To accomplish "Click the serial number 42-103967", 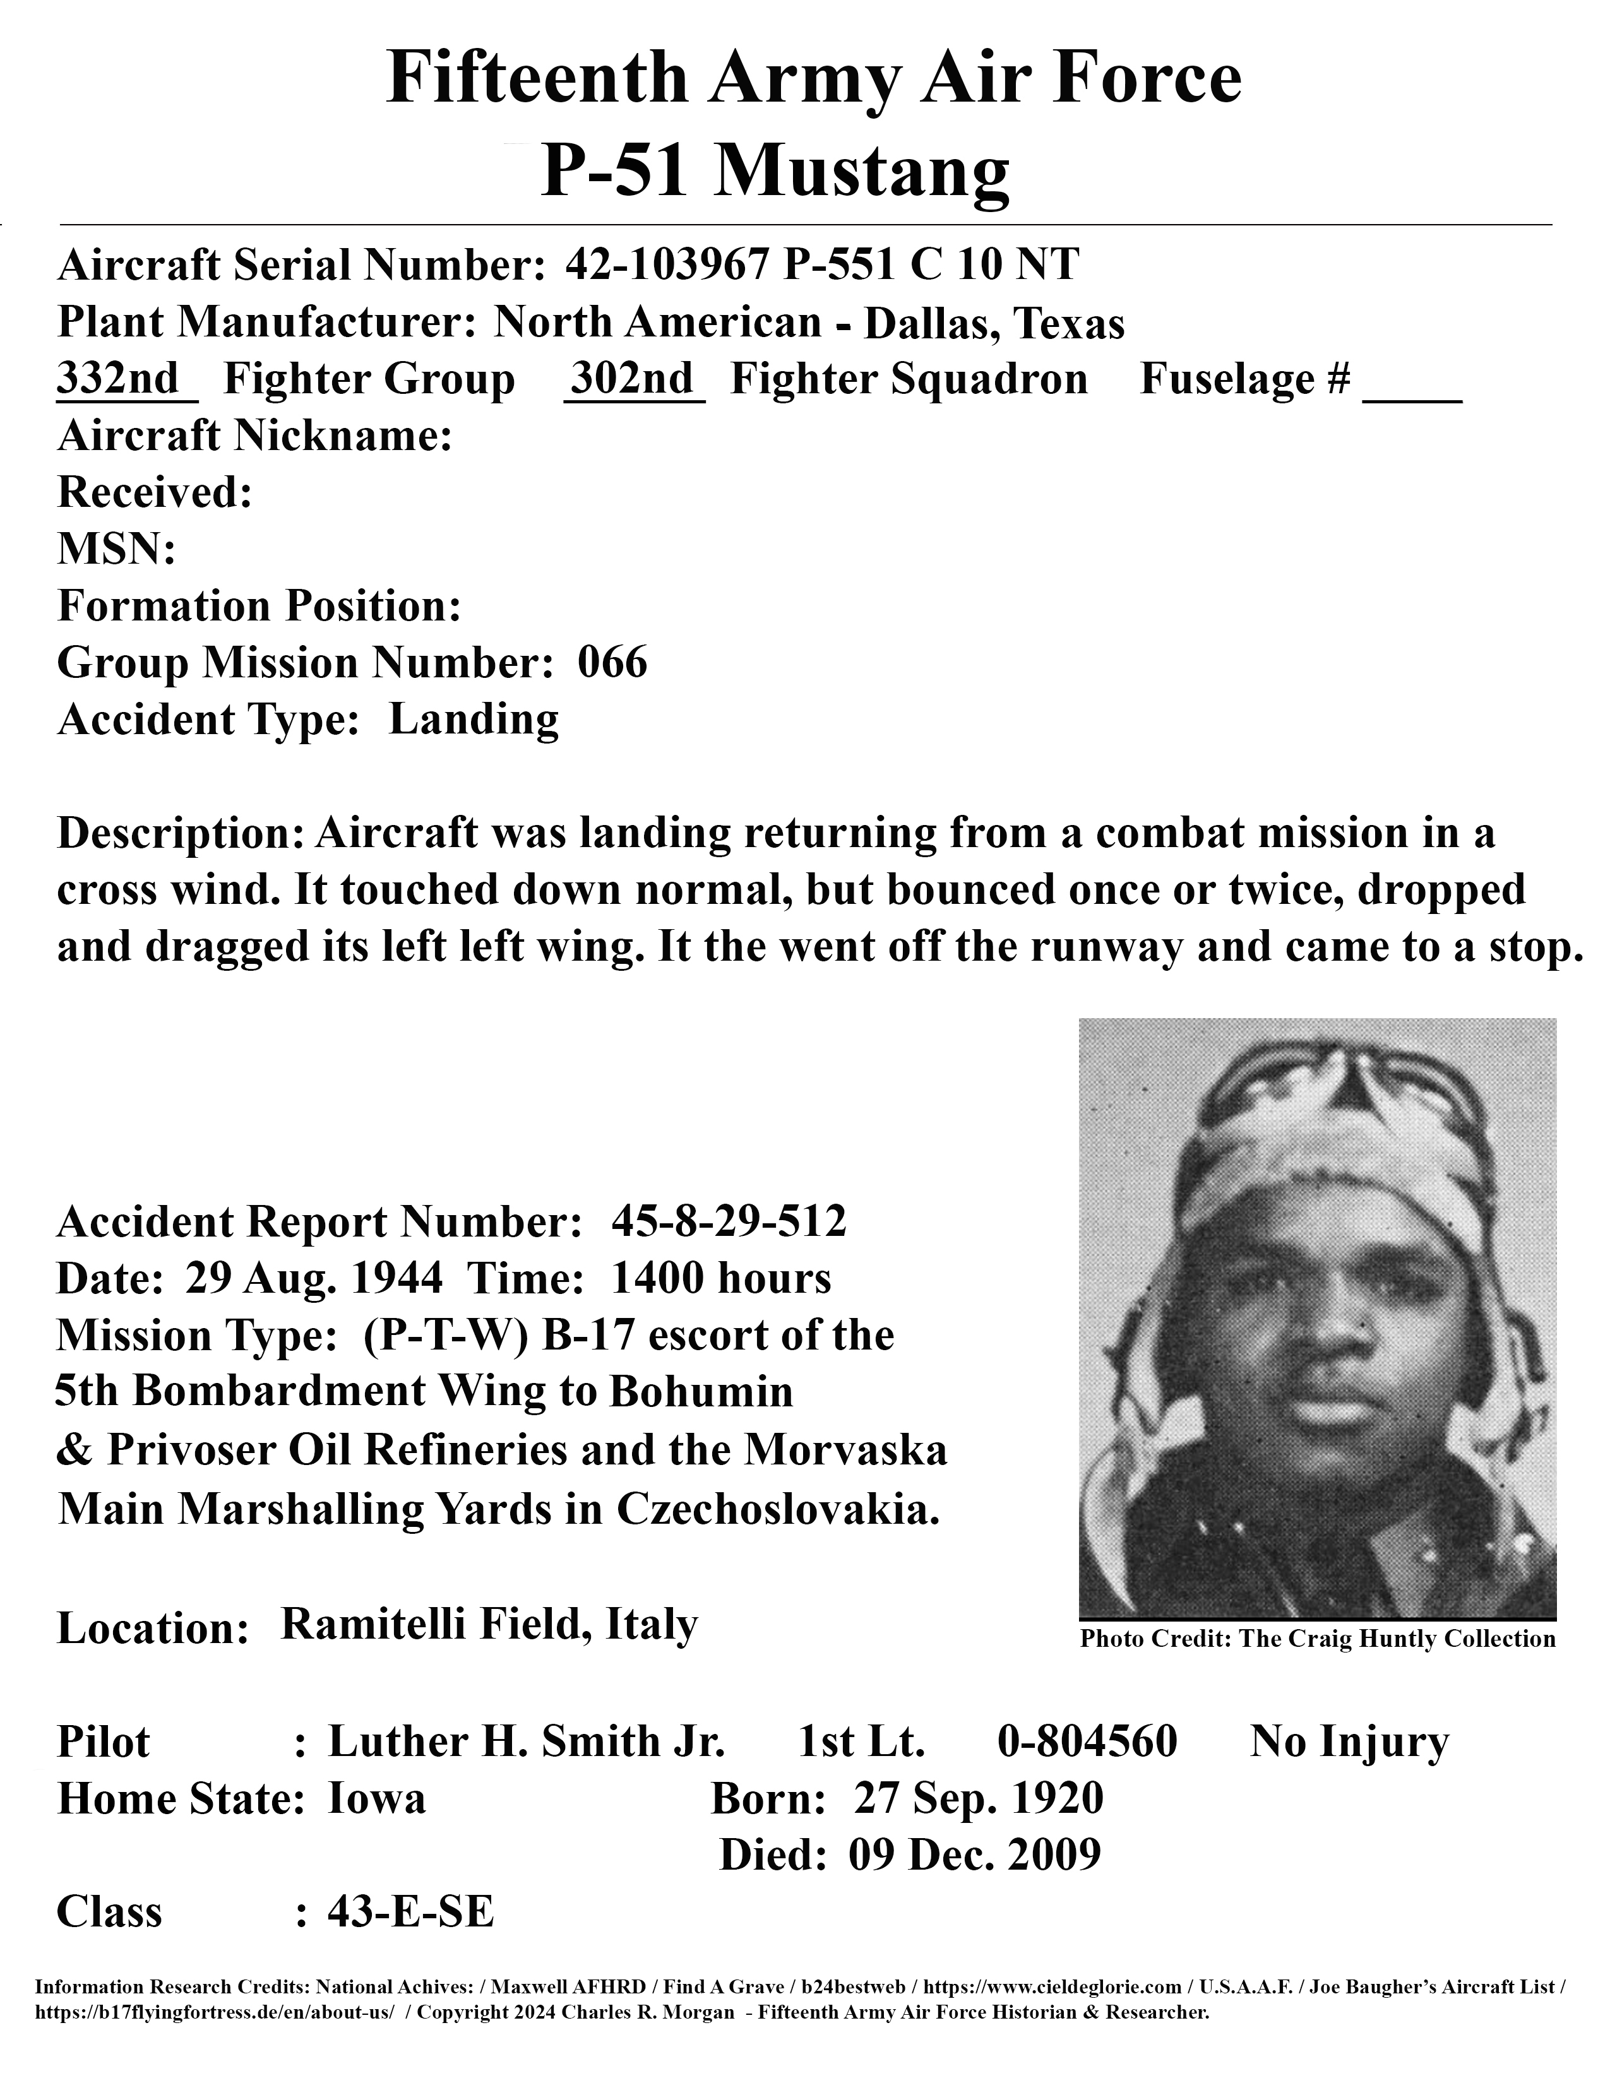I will (665, 264).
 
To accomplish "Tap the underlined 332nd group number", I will (118, 379).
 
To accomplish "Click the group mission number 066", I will (612, 662).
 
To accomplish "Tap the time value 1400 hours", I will (720, 1278).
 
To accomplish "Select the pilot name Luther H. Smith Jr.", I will (527, 1742).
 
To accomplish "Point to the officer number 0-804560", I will (1087, 1742).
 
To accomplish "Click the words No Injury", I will (1349, 1742).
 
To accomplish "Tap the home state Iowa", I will (377, 1799).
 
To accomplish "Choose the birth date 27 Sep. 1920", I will (979, 1799).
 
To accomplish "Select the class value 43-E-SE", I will (410, 1913).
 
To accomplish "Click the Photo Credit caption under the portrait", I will (1317, 1639).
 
